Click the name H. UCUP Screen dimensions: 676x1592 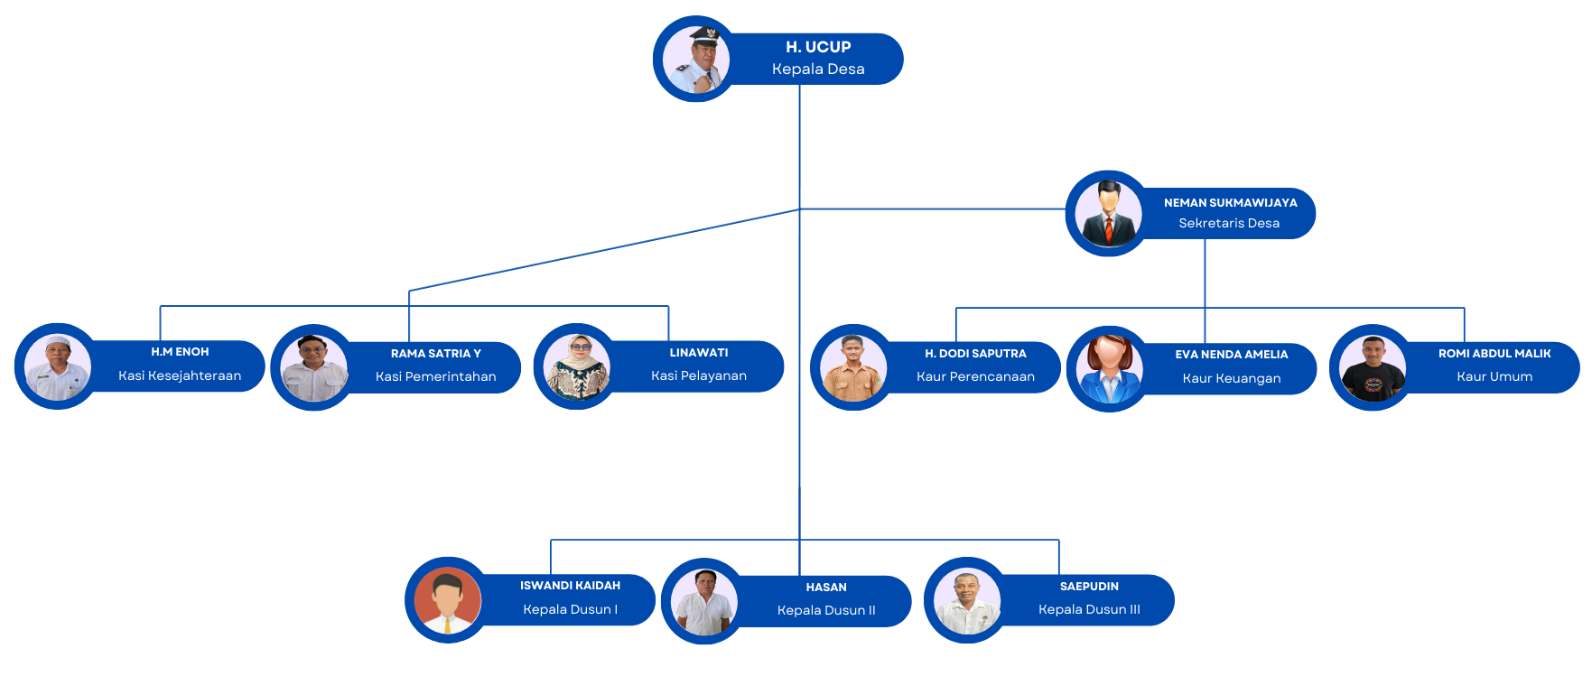[818, 47]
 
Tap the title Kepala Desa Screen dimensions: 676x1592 [818, 69]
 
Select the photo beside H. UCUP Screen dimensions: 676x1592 [695, 60]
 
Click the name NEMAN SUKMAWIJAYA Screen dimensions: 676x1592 [1230, 203]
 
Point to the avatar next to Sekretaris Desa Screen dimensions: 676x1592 [1108, 214]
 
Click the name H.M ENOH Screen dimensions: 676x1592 [180, 352]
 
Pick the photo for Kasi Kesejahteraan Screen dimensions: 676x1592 [57, 366]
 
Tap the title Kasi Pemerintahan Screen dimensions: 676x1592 [435, 376]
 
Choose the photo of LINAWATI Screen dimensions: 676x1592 [576, 366]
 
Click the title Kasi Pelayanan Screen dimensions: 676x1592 [698, 375]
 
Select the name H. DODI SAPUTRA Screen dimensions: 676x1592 [975, 354]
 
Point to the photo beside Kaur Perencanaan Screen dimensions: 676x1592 [852, 367]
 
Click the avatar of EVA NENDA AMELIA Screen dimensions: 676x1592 [1109, 369]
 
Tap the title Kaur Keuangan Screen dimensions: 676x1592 [1231, 378]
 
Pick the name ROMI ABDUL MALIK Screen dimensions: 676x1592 [1494, 354]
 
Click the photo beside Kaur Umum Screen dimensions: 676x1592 [1372, 367]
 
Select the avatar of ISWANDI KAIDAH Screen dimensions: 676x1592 [447, 600]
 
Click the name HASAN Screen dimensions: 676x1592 [826, 588]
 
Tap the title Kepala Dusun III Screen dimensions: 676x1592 [1089, 609]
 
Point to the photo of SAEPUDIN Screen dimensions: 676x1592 [966, 600]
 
